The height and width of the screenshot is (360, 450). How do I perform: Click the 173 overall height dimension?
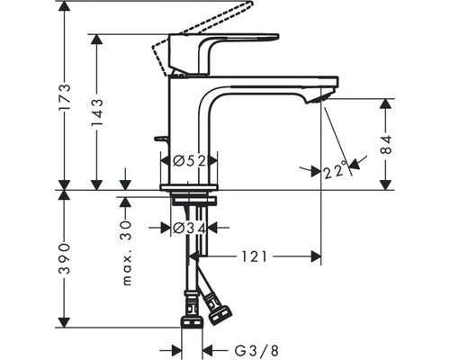point(65,97)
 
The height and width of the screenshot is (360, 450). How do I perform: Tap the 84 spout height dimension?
point(386,145)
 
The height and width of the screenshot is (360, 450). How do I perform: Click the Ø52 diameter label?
point(190,161)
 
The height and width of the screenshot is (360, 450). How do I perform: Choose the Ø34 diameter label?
point(190,229)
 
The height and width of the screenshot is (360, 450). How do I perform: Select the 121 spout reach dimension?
point(254,256)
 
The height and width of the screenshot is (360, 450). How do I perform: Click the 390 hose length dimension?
point(65,258)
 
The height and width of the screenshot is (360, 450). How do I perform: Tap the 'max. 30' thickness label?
point(127,253)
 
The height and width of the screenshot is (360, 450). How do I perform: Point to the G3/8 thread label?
point(256,350)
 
